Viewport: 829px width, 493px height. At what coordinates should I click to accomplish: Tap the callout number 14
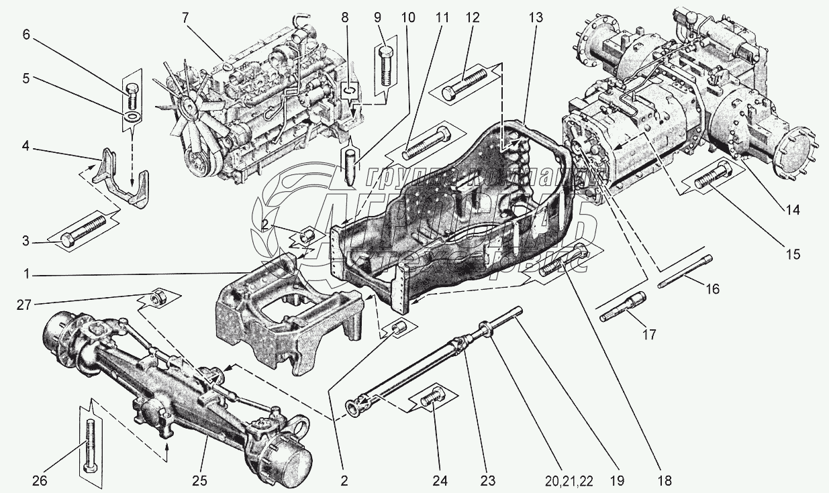793,209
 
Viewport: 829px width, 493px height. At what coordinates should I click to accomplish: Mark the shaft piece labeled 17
622,307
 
